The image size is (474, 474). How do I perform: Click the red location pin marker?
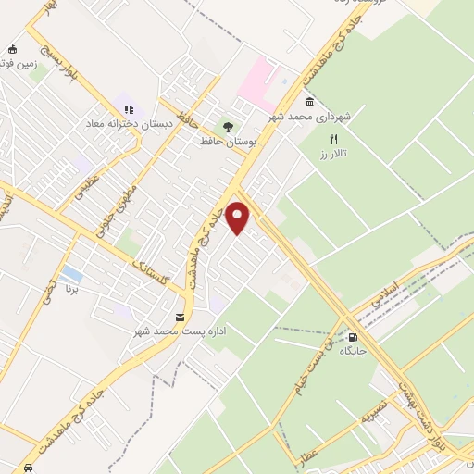(x=239, y=218)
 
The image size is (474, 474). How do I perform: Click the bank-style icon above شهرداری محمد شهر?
(x=308, y=102)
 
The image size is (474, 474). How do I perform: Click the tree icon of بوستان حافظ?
(x=228, y=127)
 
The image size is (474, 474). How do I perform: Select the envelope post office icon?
(x=179, y=316)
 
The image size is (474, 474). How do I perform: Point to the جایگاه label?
(x=353, y=351)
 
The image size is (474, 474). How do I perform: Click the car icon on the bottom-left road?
(x=31, y=468)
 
